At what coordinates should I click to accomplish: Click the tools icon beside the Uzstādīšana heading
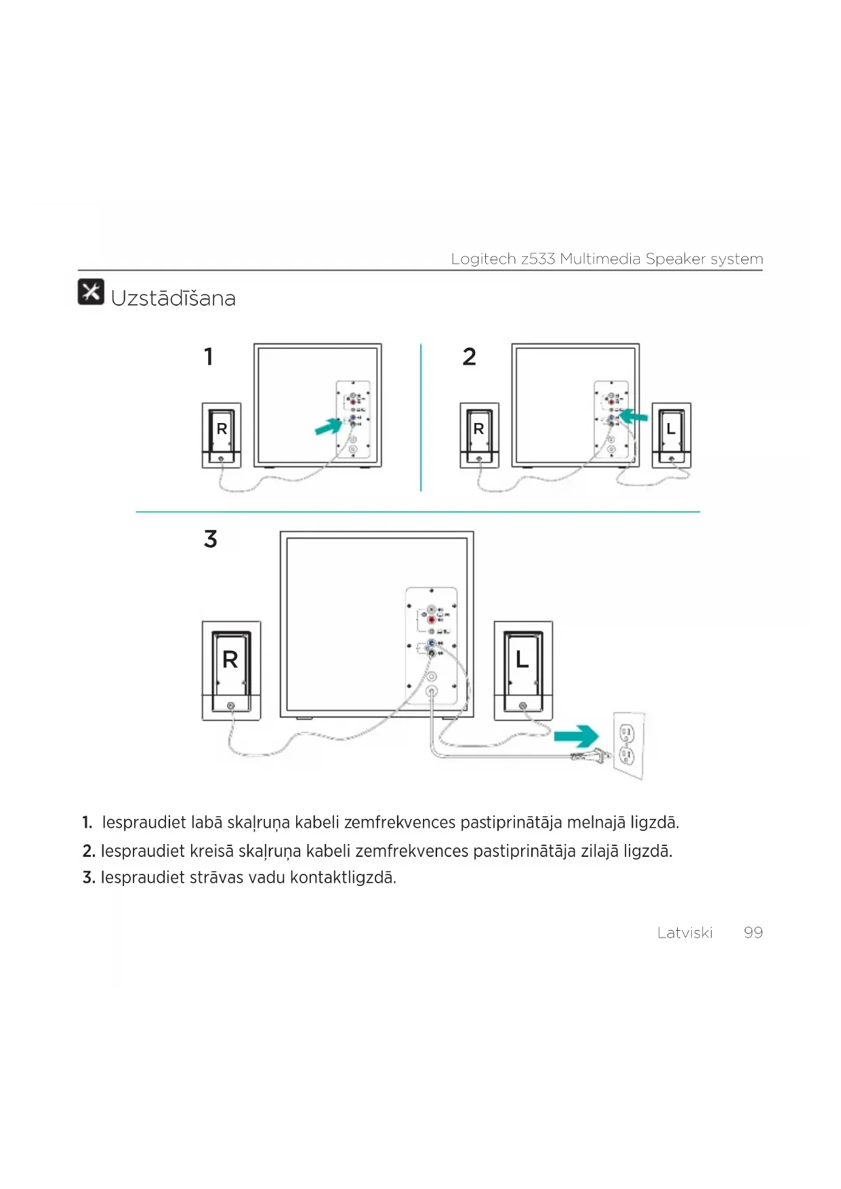(x=91, y=291)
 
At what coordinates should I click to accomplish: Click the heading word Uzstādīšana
(x=173, y=298)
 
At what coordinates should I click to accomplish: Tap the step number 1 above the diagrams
(x=209, y=357)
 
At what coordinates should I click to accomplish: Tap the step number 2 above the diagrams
(x=469, y=357)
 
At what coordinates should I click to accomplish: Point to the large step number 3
(x=211, y=539)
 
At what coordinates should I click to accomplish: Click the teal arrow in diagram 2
(x=634, y=416)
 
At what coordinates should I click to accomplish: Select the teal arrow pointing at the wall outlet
(x=576, y=736)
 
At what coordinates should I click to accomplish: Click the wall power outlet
(x=628, y=744)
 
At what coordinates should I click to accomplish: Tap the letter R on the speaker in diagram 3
(x=230, y=660)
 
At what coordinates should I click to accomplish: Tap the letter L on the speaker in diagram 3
(x=522, y=659)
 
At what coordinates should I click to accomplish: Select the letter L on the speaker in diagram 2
(x=671, y=429)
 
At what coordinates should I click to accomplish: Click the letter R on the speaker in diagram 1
(x=222, y=429)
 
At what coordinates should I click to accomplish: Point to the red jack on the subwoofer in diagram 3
(x=432, y=620)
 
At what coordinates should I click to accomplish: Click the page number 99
(x=753, y=933)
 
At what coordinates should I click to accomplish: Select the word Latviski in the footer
(x=684, y=933)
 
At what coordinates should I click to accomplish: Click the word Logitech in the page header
(x=483, y=259)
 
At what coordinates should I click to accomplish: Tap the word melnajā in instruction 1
(x=596, y=823)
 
